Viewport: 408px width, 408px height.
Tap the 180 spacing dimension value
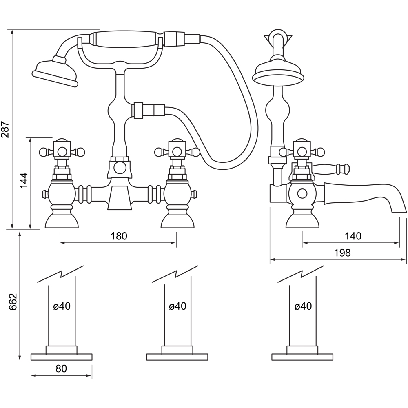tap(119, 236)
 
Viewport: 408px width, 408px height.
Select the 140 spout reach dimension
tap(353, 236)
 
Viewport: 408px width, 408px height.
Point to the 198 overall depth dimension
tap(342, 253)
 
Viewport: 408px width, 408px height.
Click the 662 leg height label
tap(14, 302)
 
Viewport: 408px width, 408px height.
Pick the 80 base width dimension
tap(61, 368)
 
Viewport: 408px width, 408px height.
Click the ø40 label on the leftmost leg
tap(62, 306)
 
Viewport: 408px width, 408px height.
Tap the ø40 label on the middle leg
tap(177, 306)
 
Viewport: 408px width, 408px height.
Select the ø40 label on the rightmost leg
tap(303, 306)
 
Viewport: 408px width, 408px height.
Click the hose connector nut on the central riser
tap(139, 110)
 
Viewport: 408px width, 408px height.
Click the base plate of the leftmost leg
tap(61, 357)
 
